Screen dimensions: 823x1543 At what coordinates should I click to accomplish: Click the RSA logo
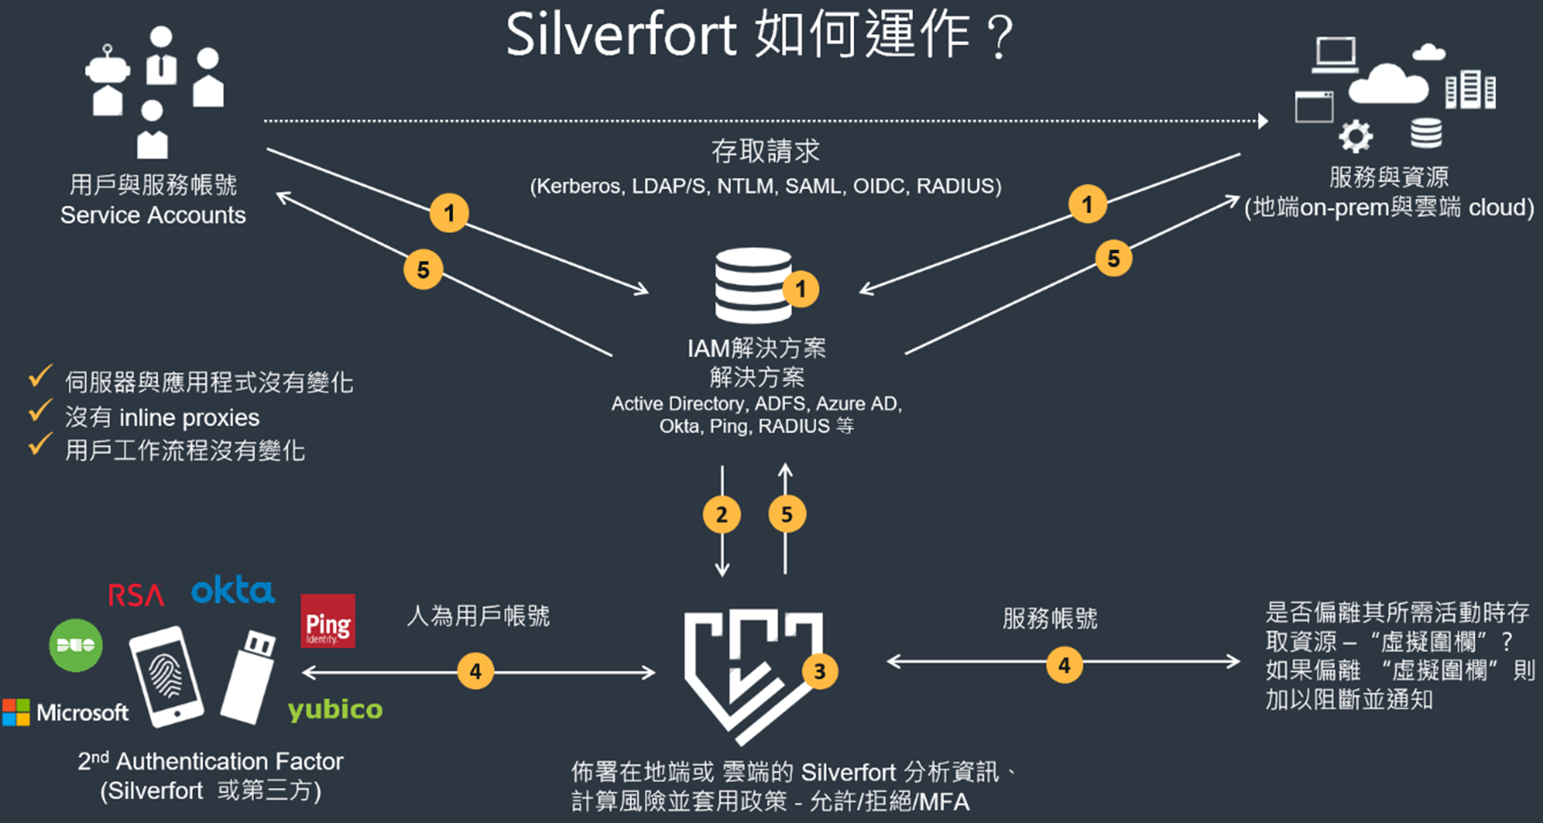point(136,594)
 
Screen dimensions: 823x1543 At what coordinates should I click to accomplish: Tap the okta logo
point(232,591)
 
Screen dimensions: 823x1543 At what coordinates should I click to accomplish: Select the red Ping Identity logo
point(328,621)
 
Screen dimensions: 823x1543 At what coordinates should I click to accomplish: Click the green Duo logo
point(76,645)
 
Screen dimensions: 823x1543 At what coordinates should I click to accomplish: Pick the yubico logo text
point(335,709)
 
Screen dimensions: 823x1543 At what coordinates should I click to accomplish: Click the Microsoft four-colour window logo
point(16,713)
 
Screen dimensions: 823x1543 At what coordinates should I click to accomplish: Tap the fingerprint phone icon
point(166,676)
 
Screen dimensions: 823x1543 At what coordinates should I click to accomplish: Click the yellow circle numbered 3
point(819,671)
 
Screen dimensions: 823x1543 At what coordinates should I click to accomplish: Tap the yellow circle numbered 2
point(722,514)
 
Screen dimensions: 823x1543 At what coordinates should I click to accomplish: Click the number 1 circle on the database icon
point(801,289)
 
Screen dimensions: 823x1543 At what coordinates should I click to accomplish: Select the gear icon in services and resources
point(1355,136)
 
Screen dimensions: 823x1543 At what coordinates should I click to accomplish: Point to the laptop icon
point(1335,55)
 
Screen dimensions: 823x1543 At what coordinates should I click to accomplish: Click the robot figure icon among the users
point(107,80)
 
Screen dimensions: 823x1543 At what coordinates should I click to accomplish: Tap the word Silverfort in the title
point(621,37)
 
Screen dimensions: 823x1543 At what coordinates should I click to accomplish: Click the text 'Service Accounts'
point(153,216)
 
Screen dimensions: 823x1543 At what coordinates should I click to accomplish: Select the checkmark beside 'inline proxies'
point(40,411)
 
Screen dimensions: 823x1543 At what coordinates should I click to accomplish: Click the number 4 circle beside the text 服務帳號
point(1064,666)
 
